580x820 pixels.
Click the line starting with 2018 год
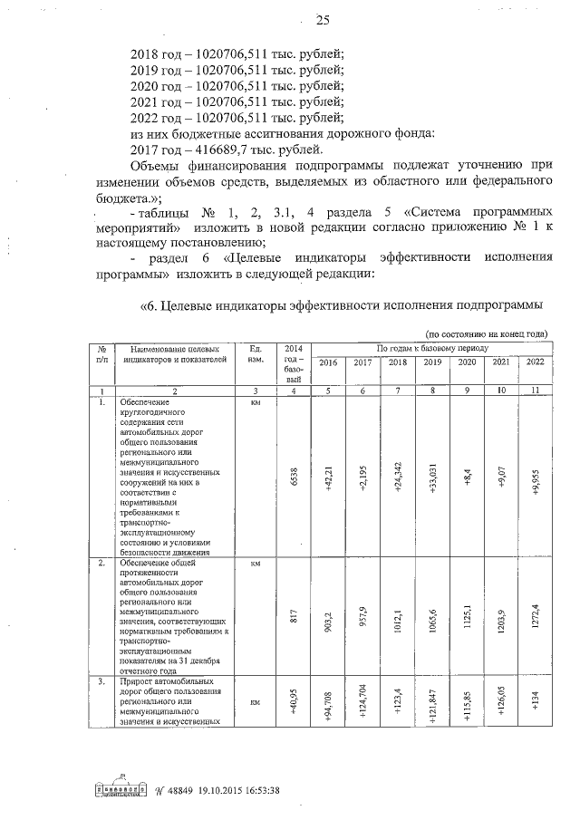pyautogui.click(x=237, y=53)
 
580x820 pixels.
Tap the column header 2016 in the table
pyautogui.click(x=327, y=362)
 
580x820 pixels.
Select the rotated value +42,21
pyautogui.click(x=328, y=474)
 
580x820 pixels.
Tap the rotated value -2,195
pyautogui.click(x=362, y=474)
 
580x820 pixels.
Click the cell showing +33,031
pyautogui.click(x=431, y=474)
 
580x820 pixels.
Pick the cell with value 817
pyautogui.click(x=293, y=616)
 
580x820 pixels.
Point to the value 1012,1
pyautogui.click(x=397, y=616)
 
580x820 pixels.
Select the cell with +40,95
pyautogui.click(x=293, y=702)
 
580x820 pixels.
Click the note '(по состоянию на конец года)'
pyautogui.click(x=487, y=333)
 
